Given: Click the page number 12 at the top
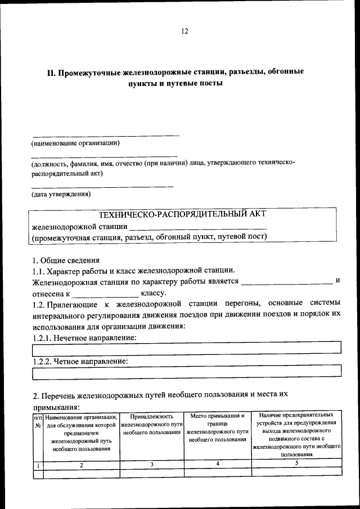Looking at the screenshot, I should tap(184, 31).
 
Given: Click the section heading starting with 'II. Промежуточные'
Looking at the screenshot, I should tap(175, 72).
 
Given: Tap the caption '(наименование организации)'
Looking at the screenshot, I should tap(75, 143).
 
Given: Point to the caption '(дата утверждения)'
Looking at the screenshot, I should tap(61, 194).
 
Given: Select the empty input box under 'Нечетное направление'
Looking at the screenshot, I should tap(187, 349).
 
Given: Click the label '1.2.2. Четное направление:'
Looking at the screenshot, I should tap(80, 361).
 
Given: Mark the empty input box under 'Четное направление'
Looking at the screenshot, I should tap(187, 372).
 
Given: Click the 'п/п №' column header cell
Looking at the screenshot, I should tap(38, 421).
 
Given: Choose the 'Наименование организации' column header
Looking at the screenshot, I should tap(82, 433).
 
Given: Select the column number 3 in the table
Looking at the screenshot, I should tap(152, 464).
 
